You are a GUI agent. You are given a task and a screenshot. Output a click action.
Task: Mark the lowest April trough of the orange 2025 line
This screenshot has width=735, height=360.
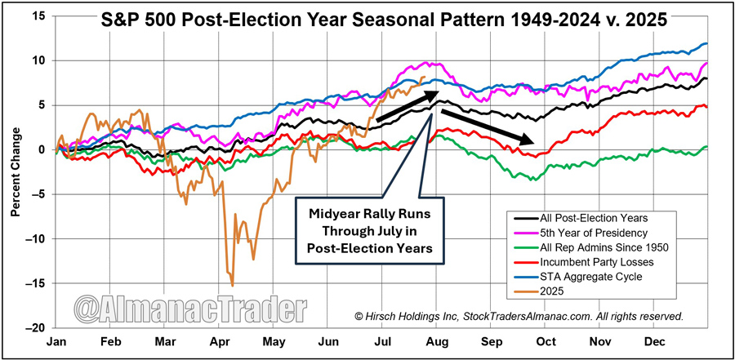click(233, 286)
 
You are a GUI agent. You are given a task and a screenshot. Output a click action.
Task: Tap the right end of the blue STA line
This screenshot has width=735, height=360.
click(706, 43)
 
